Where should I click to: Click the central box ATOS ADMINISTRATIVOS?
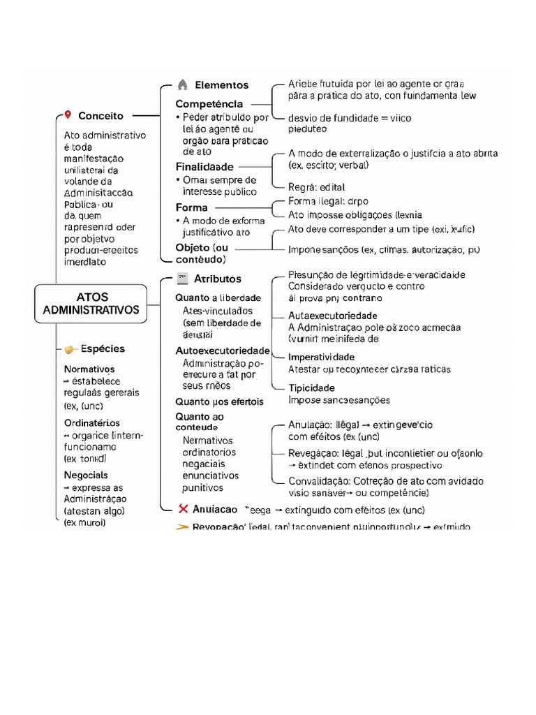[91, 304]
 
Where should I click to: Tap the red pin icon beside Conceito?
[67, 115]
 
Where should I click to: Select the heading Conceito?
[100, 116]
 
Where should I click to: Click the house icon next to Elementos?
[182, 85]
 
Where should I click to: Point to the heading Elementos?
[221, 85]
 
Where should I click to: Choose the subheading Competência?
[209, 104]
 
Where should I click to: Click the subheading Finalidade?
[204, 167]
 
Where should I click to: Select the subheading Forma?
[191, 207]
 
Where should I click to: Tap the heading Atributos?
[217, 279]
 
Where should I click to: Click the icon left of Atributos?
[182, 279]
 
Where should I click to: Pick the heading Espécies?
[103, 349]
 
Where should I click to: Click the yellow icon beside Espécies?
[70, 349]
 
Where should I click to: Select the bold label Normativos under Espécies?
[89, 369]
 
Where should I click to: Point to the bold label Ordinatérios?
[91, 423]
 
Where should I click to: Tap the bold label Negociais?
[86, 476]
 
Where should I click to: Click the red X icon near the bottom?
[184, 509]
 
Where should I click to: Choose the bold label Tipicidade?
[311, 388]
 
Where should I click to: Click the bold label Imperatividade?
[321, 357]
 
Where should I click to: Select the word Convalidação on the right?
[320, 481]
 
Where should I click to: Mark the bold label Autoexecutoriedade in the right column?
[332, 316]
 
